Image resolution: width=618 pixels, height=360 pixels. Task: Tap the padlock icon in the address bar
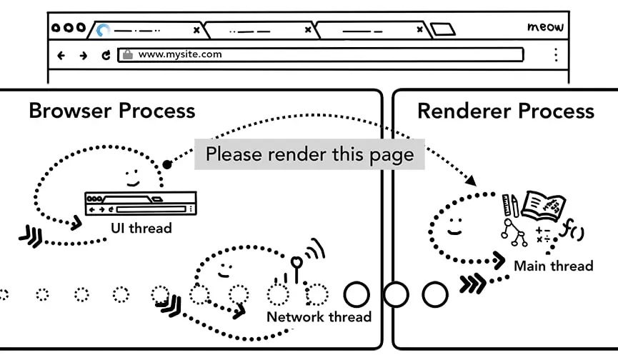click(127, 54)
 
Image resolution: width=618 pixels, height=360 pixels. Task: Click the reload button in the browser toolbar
click(106, 55)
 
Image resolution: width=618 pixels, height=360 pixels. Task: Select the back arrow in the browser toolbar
click(61, 55)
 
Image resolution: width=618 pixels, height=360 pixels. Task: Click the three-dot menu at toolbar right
click(555, 55)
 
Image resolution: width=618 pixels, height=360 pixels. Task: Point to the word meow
click(545, 27)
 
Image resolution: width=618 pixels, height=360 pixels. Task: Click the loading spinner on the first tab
click(104, 30)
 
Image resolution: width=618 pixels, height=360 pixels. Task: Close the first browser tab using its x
click(196, 30)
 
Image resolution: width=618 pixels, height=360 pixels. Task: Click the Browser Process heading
click(111, 111)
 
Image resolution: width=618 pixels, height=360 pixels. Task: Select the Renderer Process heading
click(505, 111)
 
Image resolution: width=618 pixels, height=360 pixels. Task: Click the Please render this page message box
click(309, 154)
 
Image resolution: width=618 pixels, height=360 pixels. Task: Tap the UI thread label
click(141, 228)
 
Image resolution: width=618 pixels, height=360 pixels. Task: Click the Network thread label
click(319, 316)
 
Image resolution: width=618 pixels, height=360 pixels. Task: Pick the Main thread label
click(553, 266)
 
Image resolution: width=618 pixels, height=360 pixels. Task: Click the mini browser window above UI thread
click(140, 204)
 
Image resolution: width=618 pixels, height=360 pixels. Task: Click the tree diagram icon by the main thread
click(514, 232)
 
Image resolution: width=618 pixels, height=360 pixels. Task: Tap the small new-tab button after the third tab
click(443, 30)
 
